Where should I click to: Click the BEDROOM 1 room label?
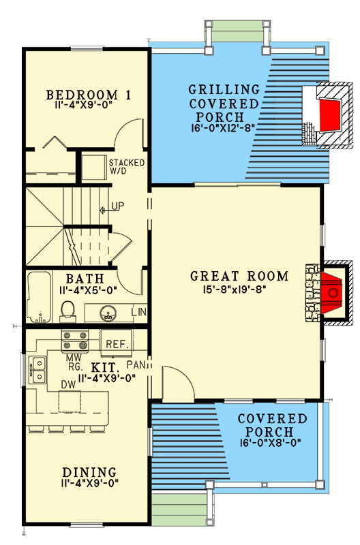(89, 94)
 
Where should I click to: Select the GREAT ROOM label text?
(239, 276)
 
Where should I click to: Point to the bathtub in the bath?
(40, 298)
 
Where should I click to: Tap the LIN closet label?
(138, 312)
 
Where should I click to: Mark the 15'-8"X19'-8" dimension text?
(238, 288)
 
